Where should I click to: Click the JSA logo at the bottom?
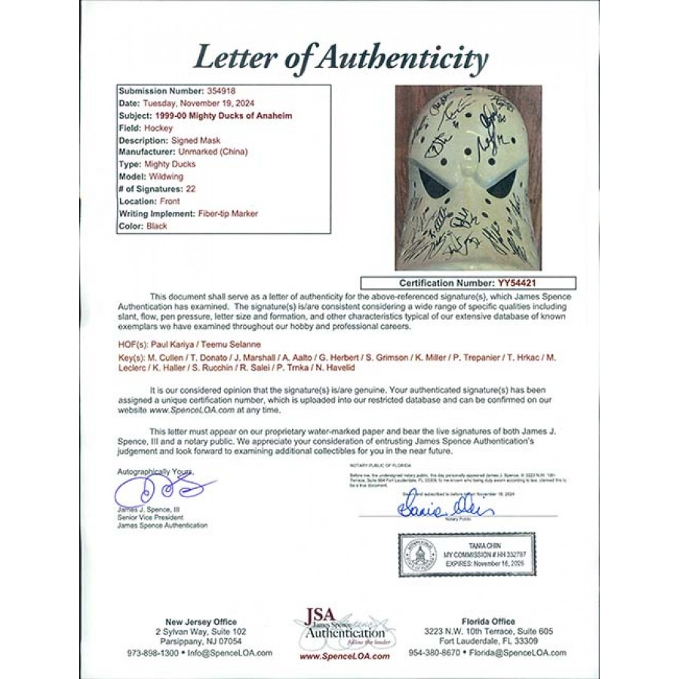click(339, 625)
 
